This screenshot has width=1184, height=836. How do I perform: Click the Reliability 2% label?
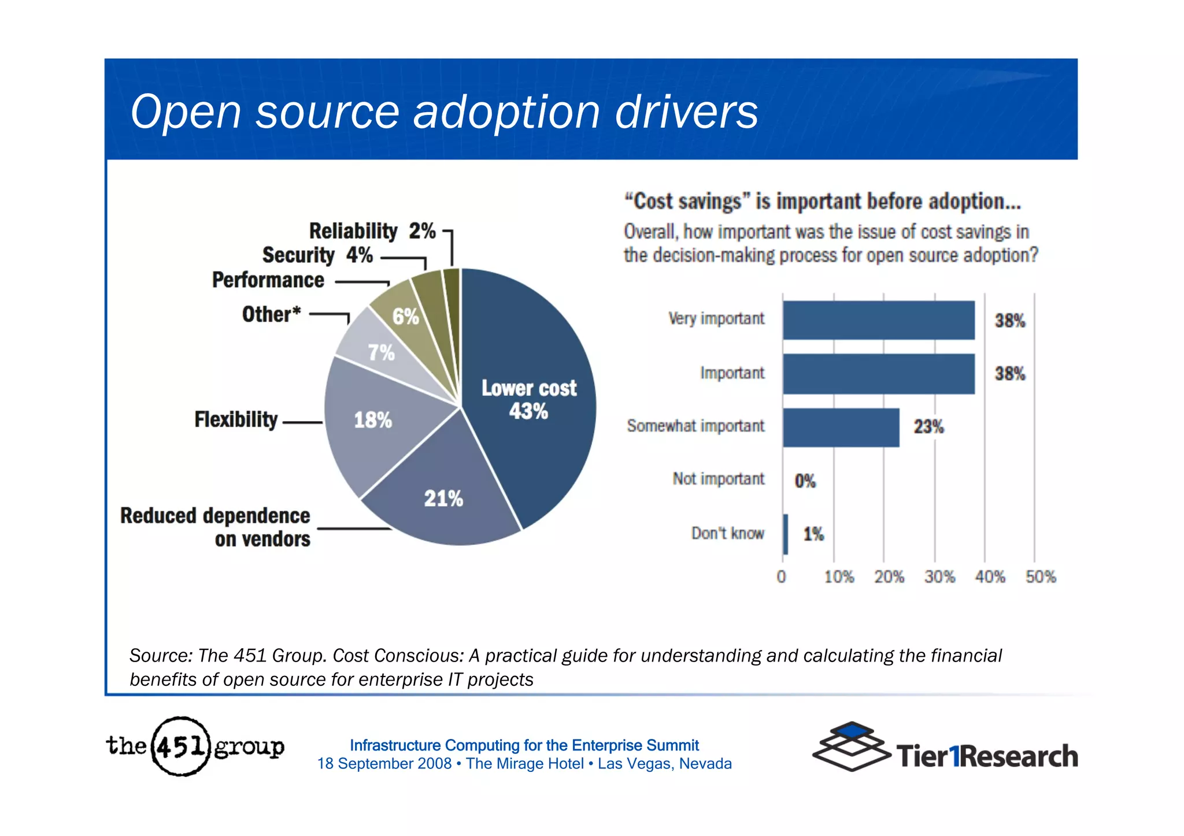372,231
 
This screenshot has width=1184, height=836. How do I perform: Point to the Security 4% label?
317,255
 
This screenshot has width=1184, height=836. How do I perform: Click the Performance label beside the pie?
268,280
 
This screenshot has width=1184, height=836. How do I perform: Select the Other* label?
271,314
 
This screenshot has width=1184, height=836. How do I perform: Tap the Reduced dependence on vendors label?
215,527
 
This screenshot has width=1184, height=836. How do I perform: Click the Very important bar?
879,320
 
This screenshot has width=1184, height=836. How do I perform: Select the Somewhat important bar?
841,428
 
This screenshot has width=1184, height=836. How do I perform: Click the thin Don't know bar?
786,534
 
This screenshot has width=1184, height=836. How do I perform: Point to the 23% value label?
928,427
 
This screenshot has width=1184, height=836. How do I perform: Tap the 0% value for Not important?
805,481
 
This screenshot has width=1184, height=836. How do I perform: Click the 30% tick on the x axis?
939,577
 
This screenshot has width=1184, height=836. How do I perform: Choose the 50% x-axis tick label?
1041,577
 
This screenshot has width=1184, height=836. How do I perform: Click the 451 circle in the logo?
180,746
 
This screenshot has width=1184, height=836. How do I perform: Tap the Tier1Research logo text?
987,756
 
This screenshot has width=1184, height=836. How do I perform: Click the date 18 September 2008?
384,764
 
